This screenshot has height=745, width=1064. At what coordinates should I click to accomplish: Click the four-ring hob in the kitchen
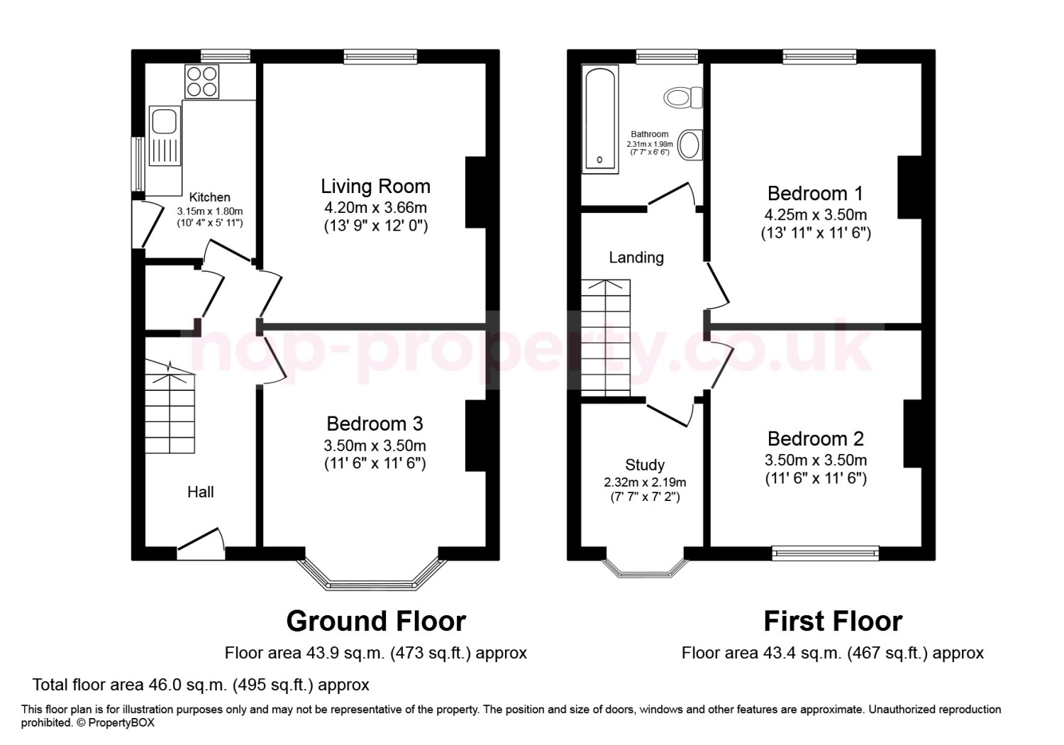(202, 82)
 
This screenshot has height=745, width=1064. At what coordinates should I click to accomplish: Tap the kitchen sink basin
(164, 121)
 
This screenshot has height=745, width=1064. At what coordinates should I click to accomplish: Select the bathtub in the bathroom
(600, 119)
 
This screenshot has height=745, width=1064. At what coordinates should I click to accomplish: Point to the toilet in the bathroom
(683, 98)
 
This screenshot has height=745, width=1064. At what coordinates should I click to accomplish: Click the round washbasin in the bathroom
(689, 145)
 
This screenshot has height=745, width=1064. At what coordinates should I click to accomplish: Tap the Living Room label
(375, 186)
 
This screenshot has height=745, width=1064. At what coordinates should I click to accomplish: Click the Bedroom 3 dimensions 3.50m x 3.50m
(375, 446)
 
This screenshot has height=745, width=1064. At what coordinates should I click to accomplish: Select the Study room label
(645, 465)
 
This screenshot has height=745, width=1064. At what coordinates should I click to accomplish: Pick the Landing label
(636, 258)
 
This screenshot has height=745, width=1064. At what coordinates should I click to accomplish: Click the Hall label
(201, 492)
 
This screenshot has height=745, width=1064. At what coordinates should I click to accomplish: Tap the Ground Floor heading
(376, 622)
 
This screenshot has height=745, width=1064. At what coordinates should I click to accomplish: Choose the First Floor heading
(833, 622)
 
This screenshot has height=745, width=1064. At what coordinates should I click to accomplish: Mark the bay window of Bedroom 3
(372, 575)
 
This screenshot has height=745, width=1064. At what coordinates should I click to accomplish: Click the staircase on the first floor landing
(606, 337)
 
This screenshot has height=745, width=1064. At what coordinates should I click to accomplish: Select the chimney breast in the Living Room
(475, 192)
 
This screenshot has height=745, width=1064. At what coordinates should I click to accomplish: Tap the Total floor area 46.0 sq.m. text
(201, 685)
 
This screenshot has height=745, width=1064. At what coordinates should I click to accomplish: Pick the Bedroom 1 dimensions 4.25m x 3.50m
(816, 215)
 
